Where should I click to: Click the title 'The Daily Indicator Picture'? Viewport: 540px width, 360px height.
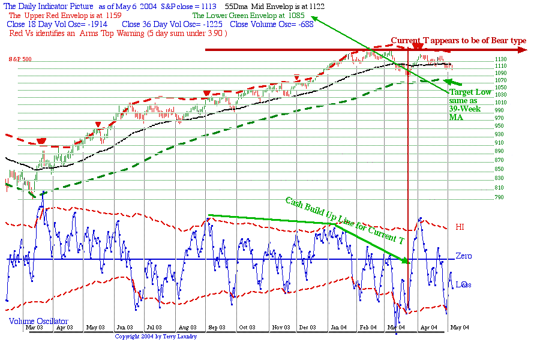click(49, 5)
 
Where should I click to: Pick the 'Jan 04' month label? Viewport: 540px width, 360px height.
click(338, 328)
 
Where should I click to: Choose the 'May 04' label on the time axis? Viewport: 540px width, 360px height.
click(459, 328)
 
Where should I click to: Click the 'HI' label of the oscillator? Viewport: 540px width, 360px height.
click(460, 227)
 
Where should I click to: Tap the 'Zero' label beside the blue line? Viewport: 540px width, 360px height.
click(463, 256)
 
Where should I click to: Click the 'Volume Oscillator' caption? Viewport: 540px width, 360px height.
click(38, 321)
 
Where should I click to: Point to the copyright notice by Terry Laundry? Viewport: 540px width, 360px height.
click(156, 337)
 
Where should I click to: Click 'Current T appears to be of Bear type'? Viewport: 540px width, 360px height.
click(458, 41)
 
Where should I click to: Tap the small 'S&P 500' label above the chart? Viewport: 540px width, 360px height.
click(20, 59)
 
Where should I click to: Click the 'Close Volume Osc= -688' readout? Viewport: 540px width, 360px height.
click(272, 24)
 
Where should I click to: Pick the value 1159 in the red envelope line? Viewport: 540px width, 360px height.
click(112, 14)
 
